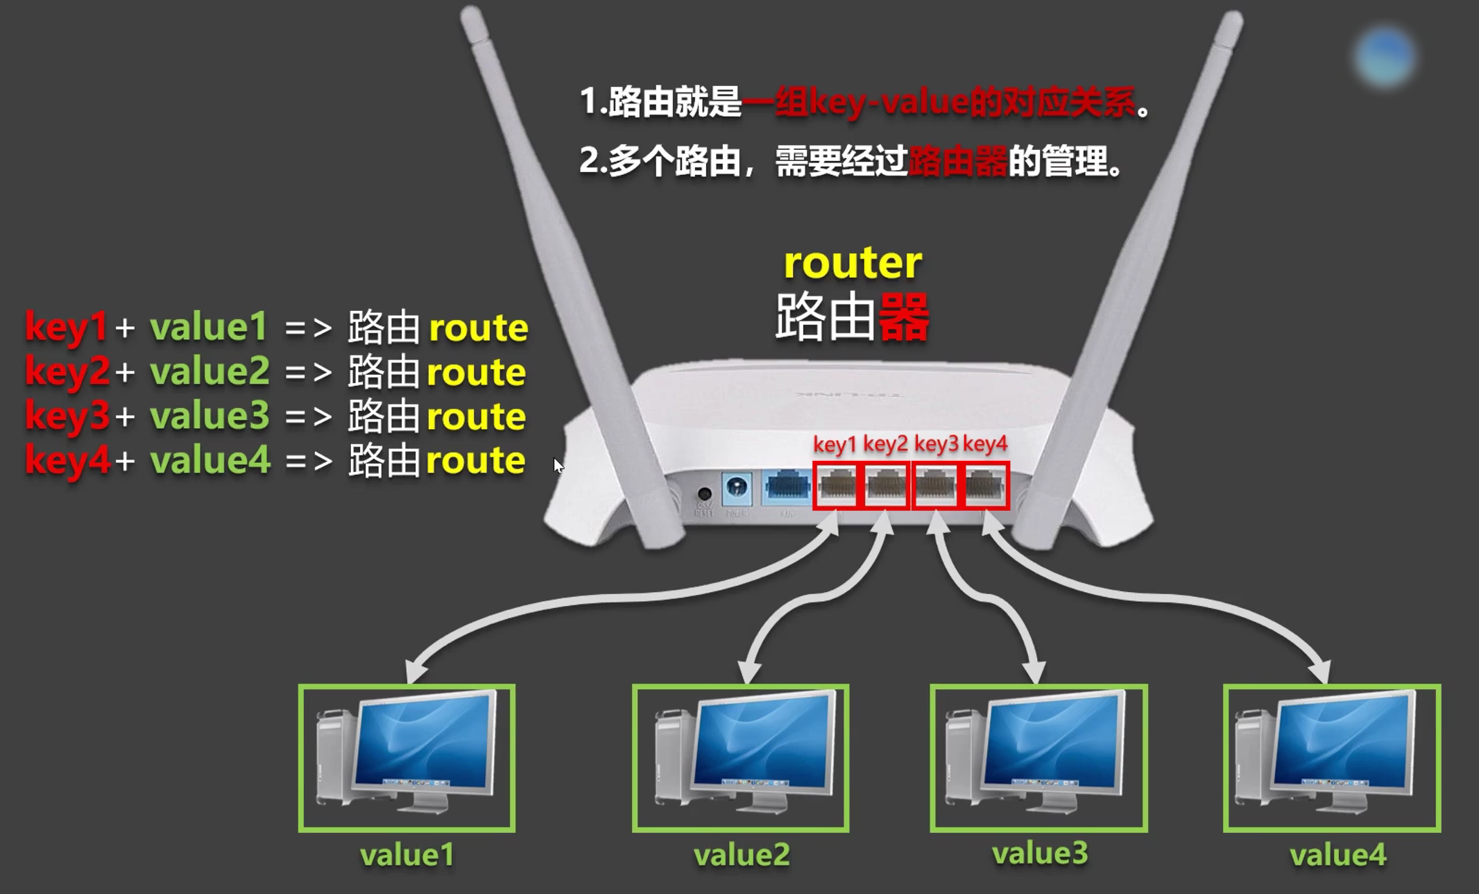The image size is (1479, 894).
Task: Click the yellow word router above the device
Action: (853, 263)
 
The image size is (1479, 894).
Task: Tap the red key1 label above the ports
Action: (835, 444)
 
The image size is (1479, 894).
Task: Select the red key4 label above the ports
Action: (985, 444)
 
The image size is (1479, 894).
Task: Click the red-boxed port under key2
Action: (886, 486)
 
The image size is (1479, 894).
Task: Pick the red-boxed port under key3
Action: (936, 486)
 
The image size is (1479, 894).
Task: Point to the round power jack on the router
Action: (704, 494)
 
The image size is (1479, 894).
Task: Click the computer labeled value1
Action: (407, 758)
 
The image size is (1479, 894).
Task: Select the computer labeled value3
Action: (1038, 758)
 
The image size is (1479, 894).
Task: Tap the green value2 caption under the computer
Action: (742, 854)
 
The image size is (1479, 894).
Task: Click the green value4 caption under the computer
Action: (1337, 854)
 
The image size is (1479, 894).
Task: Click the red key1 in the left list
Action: (66, 328)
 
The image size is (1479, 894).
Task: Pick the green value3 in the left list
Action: (210, 415)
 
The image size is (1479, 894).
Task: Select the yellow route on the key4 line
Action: (476, 461)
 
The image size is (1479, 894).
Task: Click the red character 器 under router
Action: (904, 317)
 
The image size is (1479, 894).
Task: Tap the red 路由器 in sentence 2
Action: (957, 162)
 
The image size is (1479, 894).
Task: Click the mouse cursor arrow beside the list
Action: (558, 465)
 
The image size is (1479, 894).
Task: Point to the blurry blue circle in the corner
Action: (1385, 58)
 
